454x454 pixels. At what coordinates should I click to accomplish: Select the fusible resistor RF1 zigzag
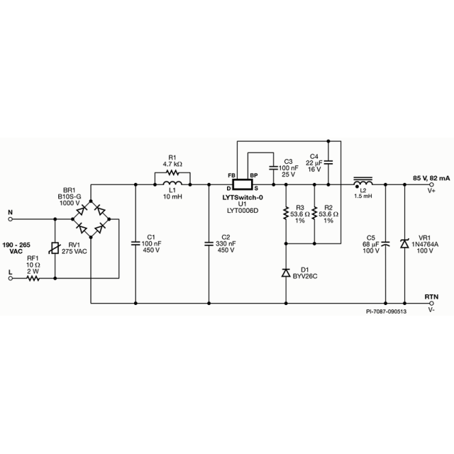click(33, 279)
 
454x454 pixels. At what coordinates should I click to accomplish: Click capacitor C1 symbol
click(136, 243)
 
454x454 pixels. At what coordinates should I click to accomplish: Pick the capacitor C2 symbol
click(210, 243)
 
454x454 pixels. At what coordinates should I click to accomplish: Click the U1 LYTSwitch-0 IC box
click(243, 182)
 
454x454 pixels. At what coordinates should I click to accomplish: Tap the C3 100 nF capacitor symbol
click(273, 168)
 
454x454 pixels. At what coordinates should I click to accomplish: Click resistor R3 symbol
click(286, 214)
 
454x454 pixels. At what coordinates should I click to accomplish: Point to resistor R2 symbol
click(313, 214)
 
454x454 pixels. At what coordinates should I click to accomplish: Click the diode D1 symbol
click(286, 272)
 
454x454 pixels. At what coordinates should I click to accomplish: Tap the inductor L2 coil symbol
click(363, 183)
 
